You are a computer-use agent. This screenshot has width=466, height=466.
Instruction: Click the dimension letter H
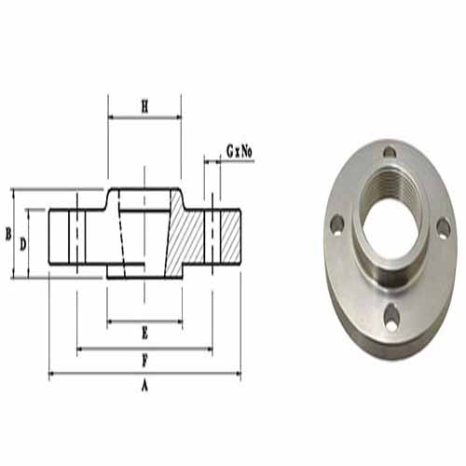[144, 106]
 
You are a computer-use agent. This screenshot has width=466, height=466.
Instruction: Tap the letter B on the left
[8, 234]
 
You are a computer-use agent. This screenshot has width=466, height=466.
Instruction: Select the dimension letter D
[23, 244]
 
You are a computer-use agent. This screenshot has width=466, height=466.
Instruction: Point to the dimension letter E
[144, 334]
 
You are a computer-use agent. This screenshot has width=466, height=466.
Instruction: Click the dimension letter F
[144, 361]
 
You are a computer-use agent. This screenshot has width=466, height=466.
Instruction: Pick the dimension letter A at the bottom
[144, 386]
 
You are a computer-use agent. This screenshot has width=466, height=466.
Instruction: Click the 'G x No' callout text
[240, 152]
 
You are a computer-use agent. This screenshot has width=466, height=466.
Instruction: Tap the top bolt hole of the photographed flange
[390, 152]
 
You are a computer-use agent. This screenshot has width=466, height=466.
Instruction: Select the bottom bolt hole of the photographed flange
[391, 316]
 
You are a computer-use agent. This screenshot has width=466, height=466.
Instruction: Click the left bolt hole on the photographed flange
[336, 224]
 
